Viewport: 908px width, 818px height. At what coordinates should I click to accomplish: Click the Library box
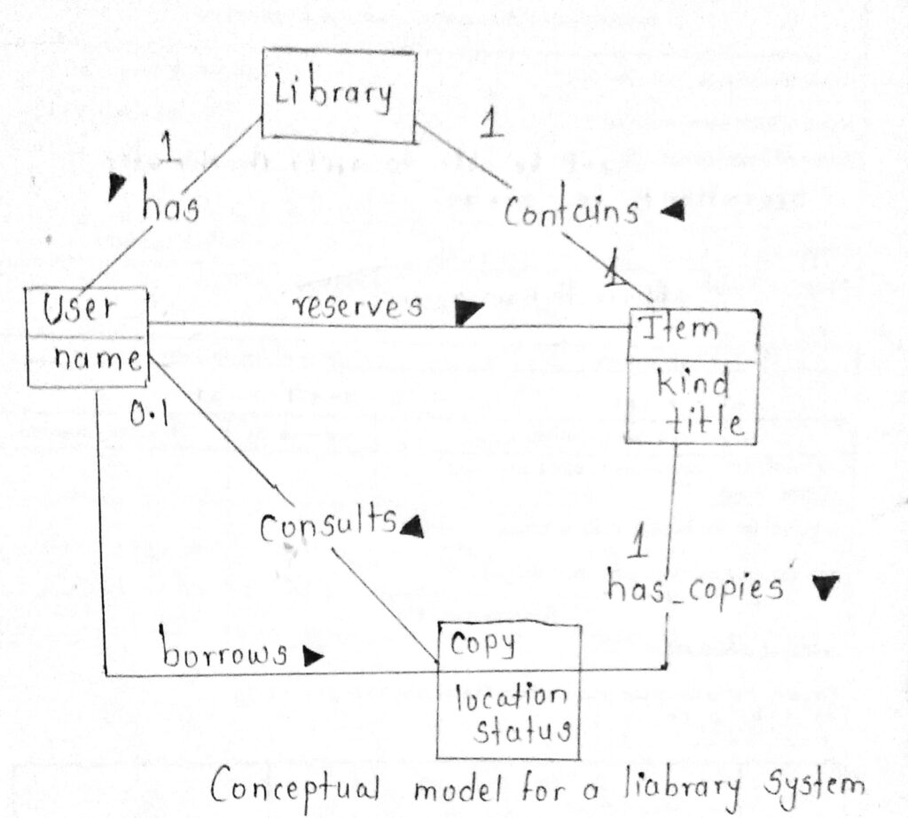(339, 96)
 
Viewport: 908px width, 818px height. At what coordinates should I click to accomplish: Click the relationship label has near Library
(169, 208)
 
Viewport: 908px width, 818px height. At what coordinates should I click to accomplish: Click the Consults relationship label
(326, 525)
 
